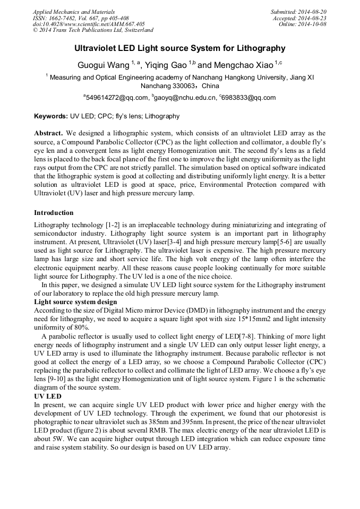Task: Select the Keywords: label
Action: pos(51,116)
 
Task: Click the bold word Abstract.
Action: pos(49,133)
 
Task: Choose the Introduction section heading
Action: pos(54,213)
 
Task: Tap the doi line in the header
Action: pos(89,24)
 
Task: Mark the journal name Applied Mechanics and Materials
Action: pos(74,12)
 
